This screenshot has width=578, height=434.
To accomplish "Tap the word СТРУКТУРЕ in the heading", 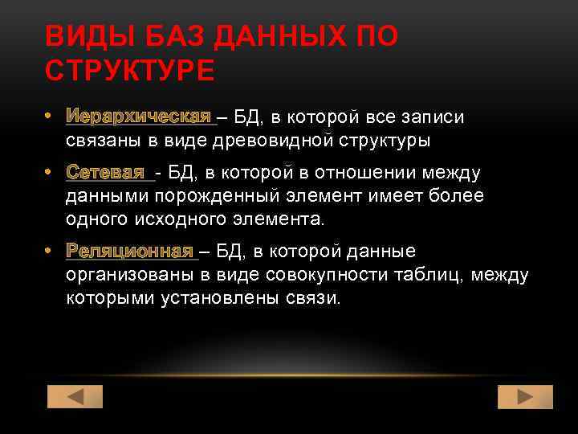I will pos(130,71).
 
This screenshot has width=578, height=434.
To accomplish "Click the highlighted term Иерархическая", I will pos(138,117).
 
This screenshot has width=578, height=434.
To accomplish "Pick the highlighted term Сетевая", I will pos(106,173).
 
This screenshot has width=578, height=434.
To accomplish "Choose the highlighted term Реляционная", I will pos(129,251).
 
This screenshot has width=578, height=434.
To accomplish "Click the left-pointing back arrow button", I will pos(75,397).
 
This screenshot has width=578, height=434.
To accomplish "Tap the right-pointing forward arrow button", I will pos(525,397).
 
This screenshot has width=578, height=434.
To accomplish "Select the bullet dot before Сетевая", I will pos(50,173).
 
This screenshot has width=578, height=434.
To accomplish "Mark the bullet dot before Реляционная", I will pos(50,251).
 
